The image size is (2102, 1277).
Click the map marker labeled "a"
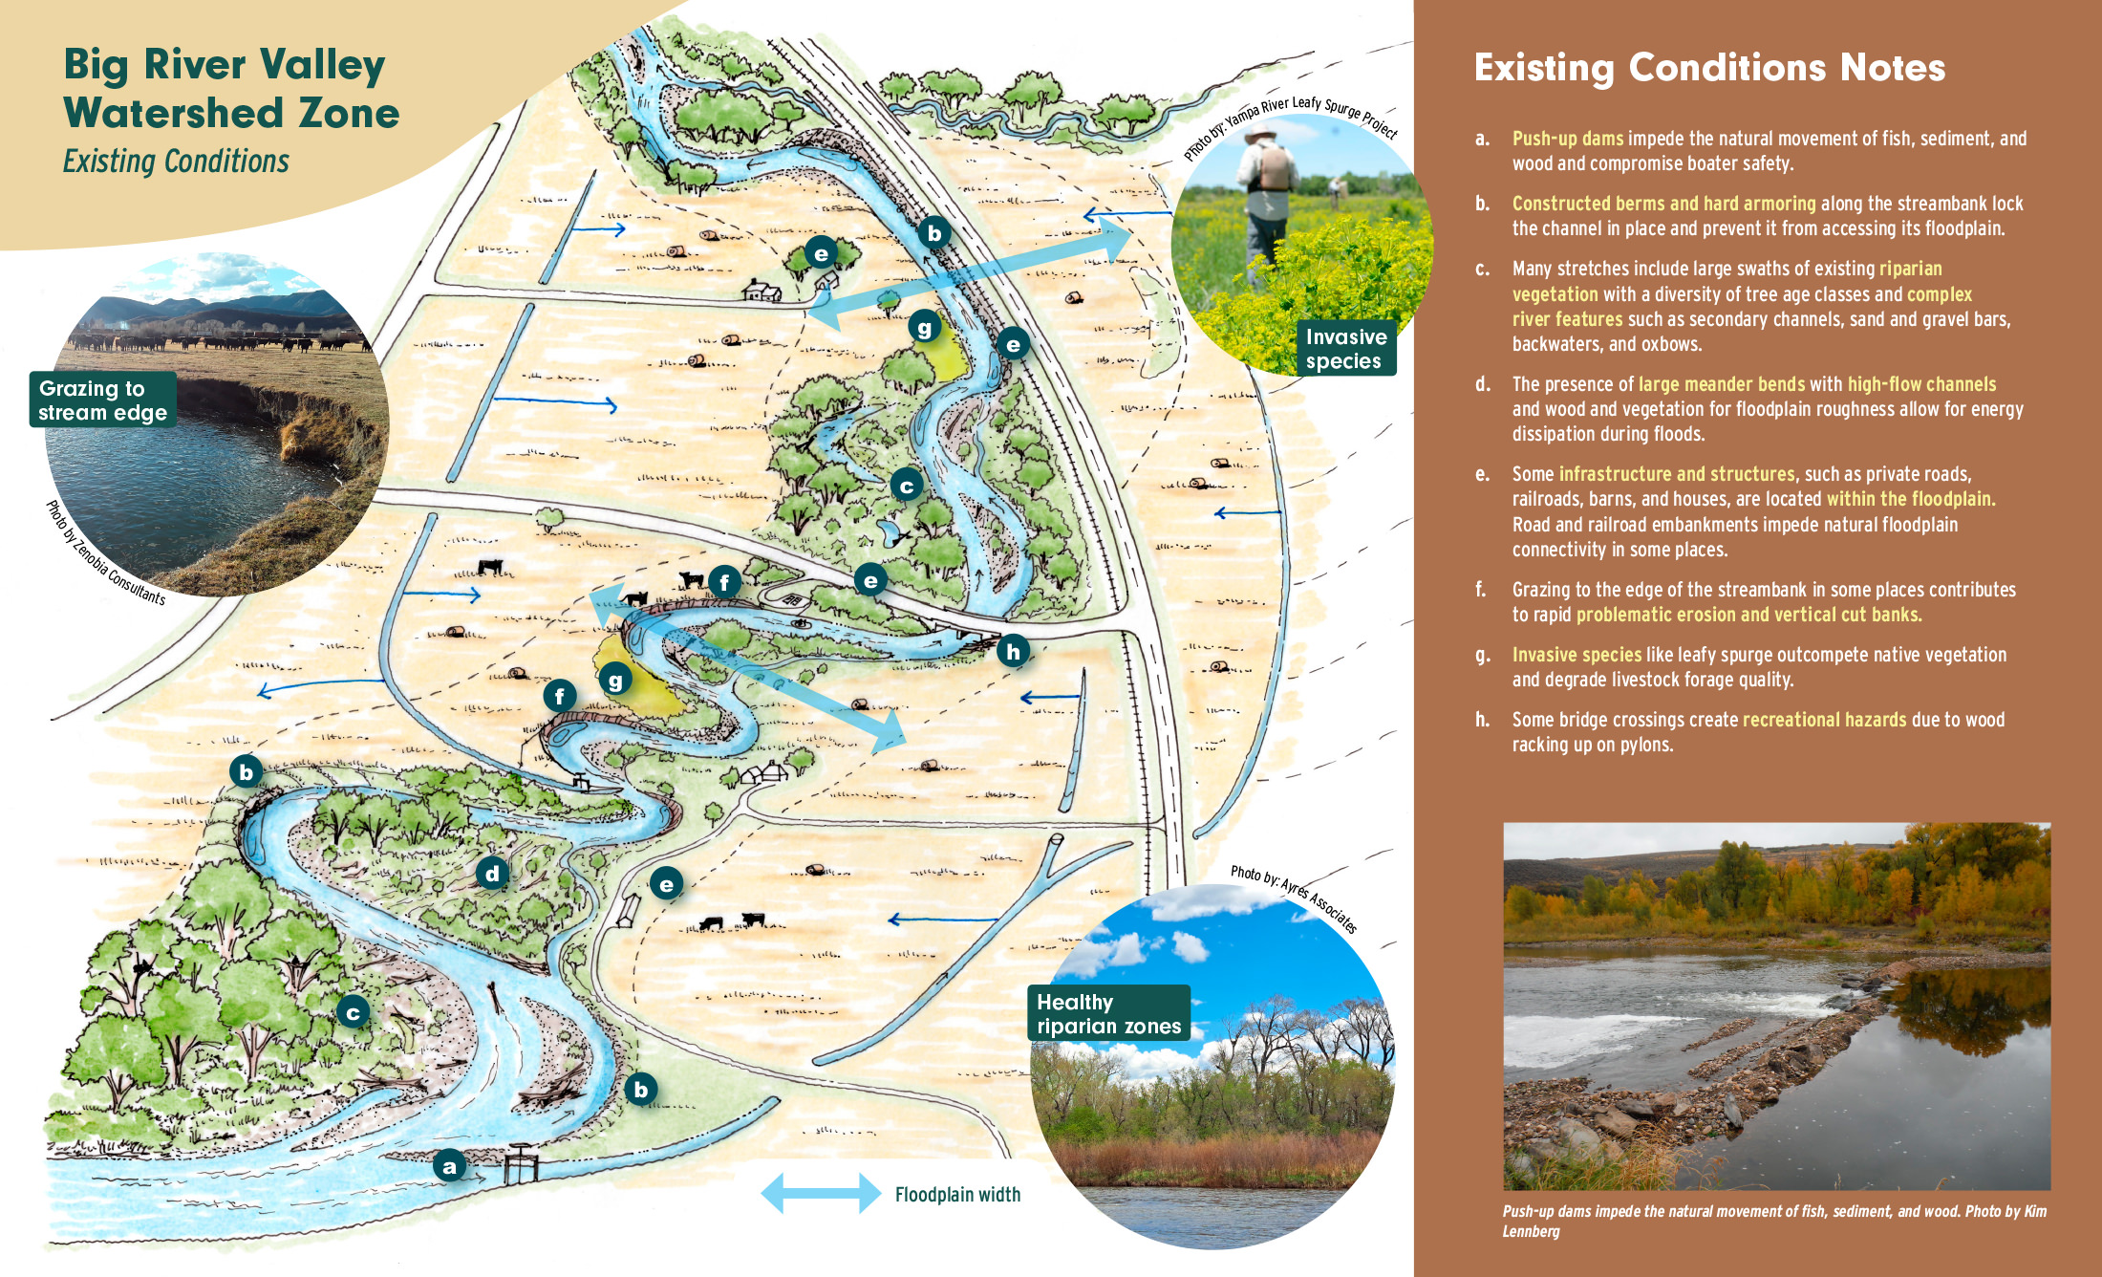pyautogui.click(x=449, y=1165)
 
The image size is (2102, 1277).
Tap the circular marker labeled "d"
pyautogui.click(x=492, y=873)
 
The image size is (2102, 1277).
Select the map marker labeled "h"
pyautogui.click(x=1013, y=651)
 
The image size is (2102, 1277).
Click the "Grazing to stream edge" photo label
pyautogui.click(x=102, y=400)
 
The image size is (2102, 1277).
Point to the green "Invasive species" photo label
pyautogui.click(x=1345, y=349)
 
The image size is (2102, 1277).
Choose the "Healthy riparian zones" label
pyautogui.click(x=1108, y=1013)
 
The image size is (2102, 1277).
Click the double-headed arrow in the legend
pyautogui.click(x=821, y=1193)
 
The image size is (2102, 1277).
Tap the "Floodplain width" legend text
pyautogui.click(x=957, y=1194)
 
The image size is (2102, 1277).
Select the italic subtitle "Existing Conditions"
pyautogui.click(x=176, y=162)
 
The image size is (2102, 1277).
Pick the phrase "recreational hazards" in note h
pyautogui.click(x=1824, y=720)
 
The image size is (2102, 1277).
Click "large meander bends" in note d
pyautogui.click(x=1722, y=384)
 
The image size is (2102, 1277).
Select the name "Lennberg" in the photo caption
pyautogui.click(x=1531, y=1231)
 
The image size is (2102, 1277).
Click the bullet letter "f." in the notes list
pyautogui.click(x=1480, y=590)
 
